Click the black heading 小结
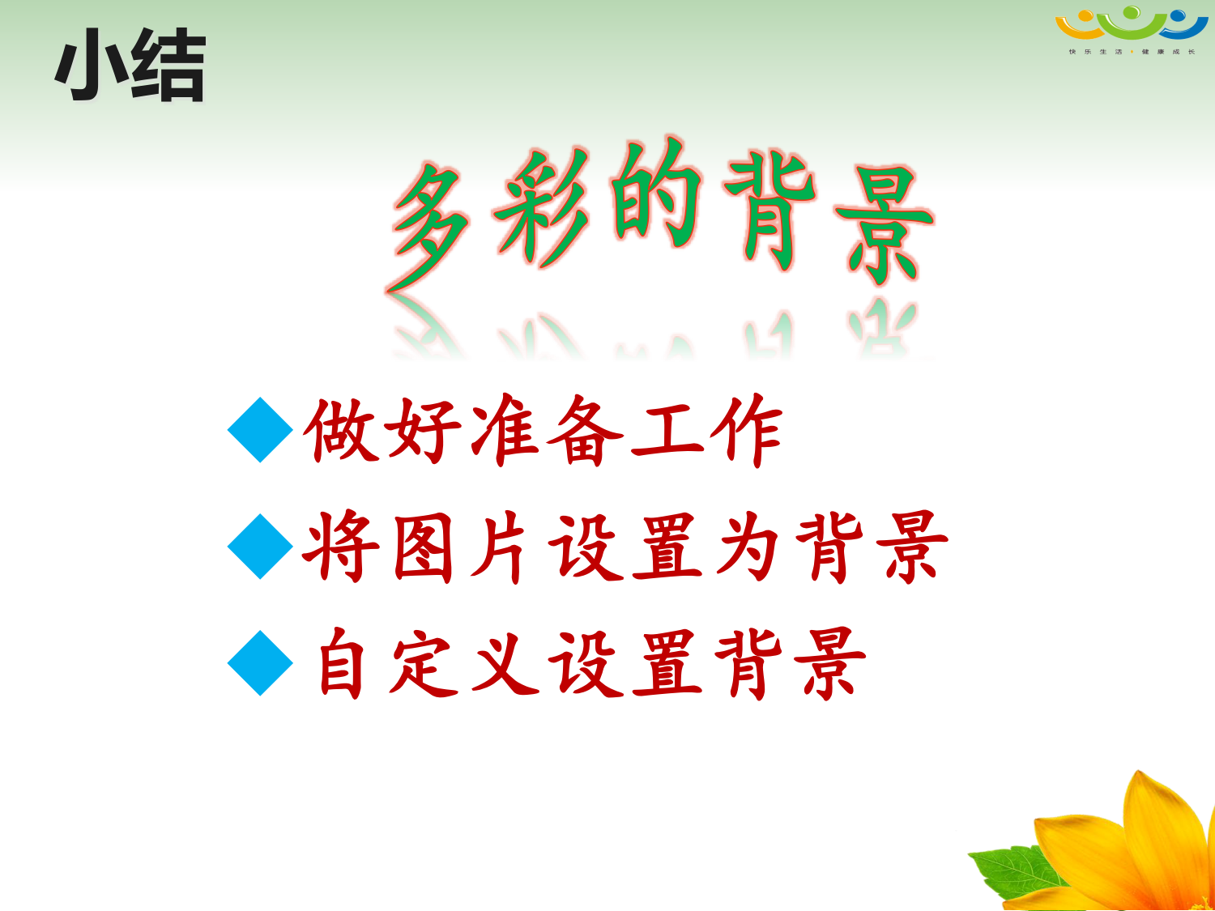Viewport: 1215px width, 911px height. (130, 65)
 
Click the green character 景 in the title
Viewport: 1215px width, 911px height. (884, 224)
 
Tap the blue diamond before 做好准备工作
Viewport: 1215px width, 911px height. (260, 430)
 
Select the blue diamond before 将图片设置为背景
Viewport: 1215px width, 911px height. (260, 547)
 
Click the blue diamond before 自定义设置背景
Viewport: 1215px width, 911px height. (260, 662)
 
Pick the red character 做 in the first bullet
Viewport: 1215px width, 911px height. (341, 430)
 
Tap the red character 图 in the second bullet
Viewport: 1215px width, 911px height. (424, 547)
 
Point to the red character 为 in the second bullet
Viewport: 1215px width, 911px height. (748, 547)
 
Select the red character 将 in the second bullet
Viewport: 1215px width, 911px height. (340, 547)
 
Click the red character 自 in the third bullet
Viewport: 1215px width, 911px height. (341, 664)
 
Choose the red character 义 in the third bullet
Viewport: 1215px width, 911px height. (505, 664)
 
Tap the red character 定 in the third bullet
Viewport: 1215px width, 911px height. (424, 664)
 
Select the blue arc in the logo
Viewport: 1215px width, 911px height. (1184, 28)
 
